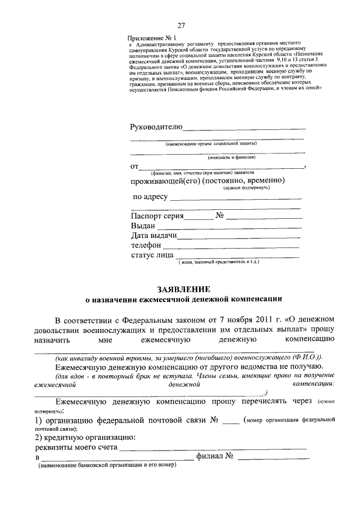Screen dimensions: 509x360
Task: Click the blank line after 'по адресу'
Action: tap(235, 198)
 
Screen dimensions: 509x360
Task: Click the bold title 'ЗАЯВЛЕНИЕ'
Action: tap(180, 288)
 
